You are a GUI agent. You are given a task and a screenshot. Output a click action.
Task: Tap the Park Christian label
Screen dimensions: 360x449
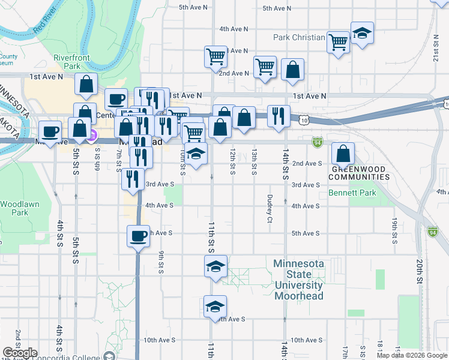[299, 37]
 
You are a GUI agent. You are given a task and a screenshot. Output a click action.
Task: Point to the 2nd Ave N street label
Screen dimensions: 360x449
[234, 73]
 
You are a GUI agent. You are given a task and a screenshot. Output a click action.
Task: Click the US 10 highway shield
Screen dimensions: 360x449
[306, 121]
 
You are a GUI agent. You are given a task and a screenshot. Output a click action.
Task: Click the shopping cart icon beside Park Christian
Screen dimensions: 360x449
[339, 42]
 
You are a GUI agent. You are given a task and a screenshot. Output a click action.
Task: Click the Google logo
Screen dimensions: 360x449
[19, 353]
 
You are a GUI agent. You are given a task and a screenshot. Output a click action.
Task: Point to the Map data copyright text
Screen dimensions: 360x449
[411, 355]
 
